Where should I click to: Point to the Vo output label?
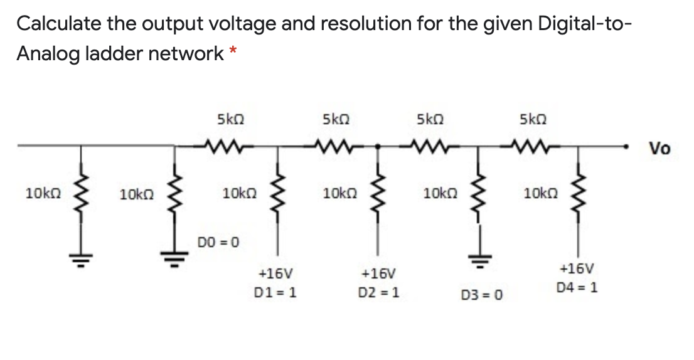click(x=659, y=149)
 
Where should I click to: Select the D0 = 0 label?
click(x=218, y=241)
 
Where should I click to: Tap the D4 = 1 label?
click(x=577, y=288)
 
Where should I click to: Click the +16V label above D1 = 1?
click(x=275, y=274)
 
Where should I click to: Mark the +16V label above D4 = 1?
click(x=577, y=269)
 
